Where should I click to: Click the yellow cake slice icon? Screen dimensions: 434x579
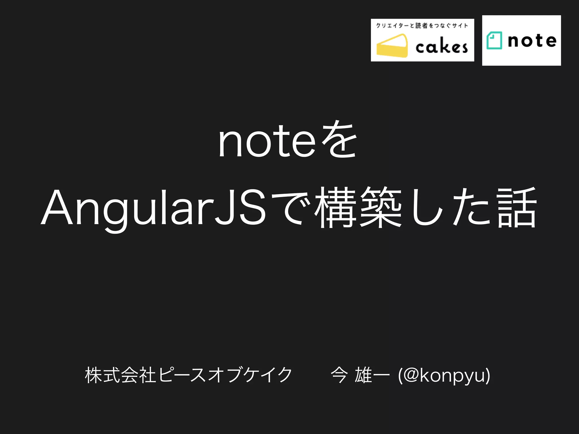click(x=392, y=45)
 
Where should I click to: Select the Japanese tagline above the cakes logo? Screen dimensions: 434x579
click(x=422, y=26)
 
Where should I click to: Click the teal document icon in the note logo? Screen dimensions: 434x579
click(x=494, y=40)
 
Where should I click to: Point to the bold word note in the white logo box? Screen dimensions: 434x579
click(x=532, y=41)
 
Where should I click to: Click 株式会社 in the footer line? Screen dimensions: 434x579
click(x=120, y=375)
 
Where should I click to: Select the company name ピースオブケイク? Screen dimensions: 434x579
click(x=225, y=375)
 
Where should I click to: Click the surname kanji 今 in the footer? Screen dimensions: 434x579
click(x=339, y=375)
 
